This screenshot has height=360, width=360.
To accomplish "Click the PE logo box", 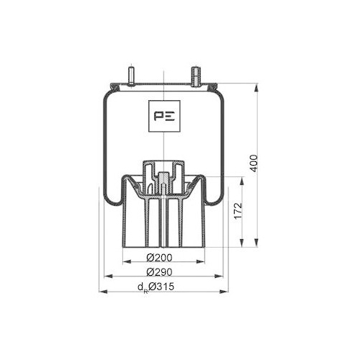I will pyautogui.click(x=165, y=115).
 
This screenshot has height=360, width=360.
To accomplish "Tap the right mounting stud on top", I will pyautogui.click(x=194, y=76).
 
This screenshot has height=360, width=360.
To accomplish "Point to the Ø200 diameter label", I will pyautogui.click(x=160, y=258).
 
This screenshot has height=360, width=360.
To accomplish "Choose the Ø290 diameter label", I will pyautogui.click(x=160, y=272).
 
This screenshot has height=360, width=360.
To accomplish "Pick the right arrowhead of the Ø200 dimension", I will pyautogui.click(x=202, y=263).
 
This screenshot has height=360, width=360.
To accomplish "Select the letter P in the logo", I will pyautogui.click(x=158, y=115).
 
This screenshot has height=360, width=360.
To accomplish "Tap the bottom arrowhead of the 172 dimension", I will pyautogui.click(x=240, y=243).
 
